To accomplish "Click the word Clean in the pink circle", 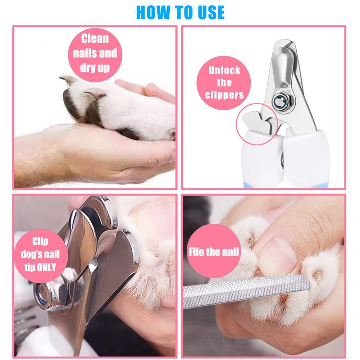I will [95, 38].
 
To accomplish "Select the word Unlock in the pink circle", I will [224, 70].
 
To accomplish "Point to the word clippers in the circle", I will [224, 95].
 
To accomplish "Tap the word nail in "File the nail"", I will [230, 251].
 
